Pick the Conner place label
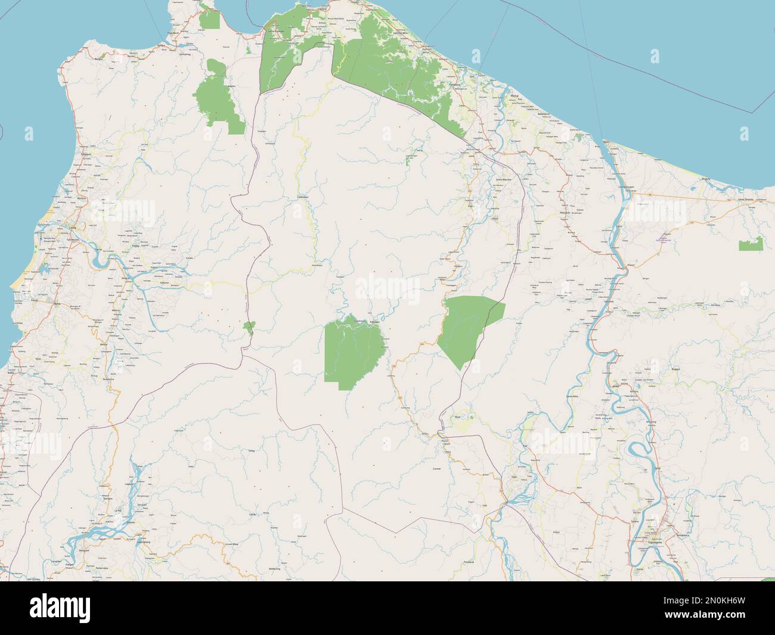[x=438, y=469]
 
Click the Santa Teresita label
[x=745, y=199]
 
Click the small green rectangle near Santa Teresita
[x=751, y=244]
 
